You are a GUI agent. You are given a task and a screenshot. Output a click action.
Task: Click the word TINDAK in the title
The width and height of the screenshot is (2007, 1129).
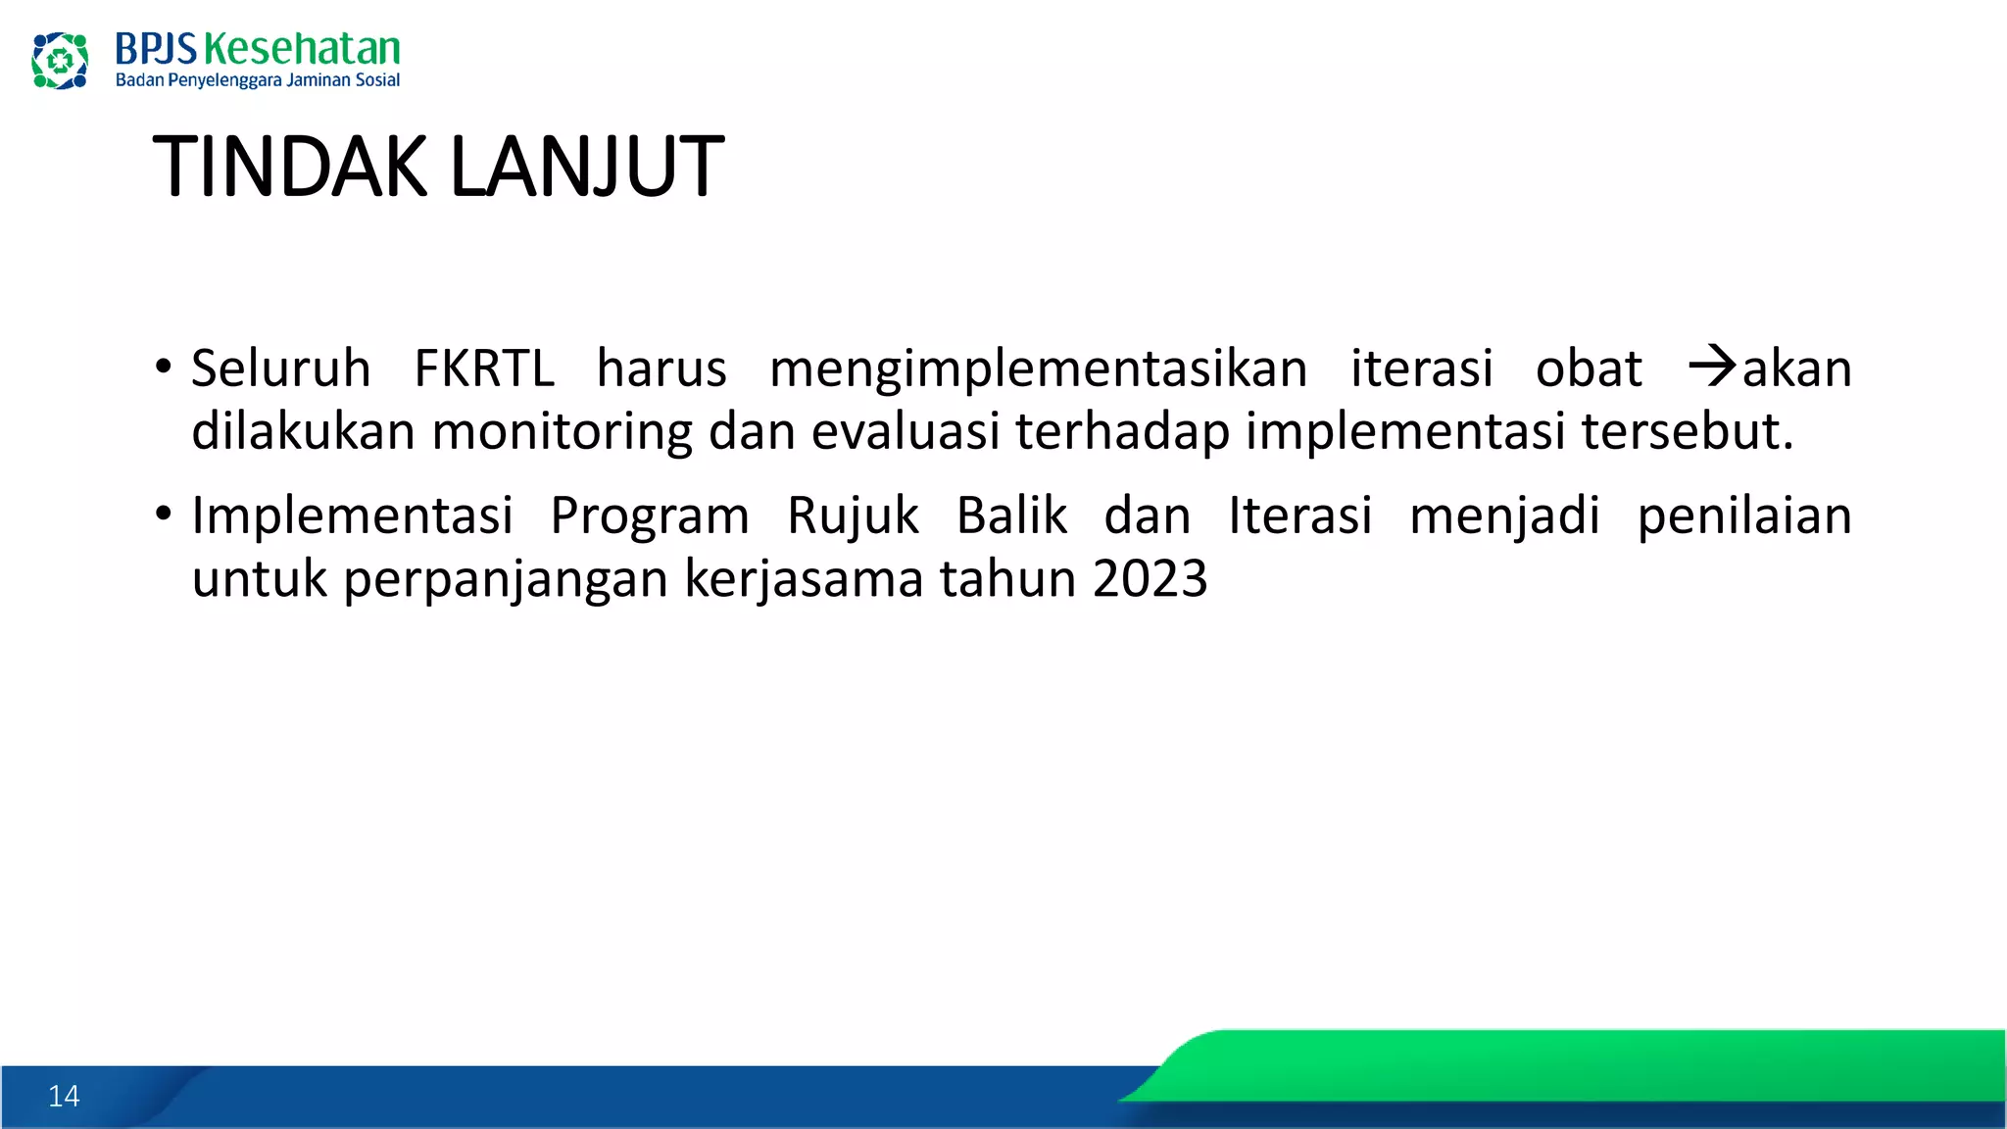coord(289,168)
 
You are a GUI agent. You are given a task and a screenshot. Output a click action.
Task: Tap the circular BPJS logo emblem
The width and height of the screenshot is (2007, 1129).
coord(60,61)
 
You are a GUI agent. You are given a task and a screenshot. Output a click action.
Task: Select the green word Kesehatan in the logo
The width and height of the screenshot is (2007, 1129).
coord(302,49)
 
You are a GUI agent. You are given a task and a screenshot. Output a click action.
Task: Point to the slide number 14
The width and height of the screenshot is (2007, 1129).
coord(64,1096)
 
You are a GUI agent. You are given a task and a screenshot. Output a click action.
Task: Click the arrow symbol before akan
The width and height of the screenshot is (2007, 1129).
coord(1712,368)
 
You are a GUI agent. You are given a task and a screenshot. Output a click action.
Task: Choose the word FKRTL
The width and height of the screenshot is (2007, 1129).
coord(484,369)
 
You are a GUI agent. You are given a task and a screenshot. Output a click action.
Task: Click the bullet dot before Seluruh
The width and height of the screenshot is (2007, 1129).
coord(164,368)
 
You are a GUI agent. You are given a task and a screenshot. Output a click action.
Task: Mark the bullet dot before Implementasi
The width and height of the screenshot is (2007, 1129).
coord(164,514)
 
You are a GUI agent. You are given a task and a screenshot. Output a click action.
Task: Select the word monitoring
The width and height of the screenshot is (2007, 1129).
coord(562,432)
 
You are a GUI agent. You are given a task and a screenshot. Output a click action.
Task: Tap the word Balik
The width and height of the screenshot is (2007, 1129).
coord(1011,515)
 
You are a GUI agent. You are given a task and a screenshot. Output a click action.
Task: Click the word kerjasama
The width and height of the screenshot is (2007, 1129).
coord(804,579)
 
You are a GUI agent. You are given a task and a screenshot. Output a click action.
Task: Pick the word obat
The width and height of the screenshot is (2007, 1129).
coord(1588,369)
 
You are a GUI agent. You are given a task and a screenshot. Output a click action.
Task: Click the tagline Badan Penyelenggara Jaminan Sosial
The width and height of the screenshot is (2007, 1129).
coord(258,80)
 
